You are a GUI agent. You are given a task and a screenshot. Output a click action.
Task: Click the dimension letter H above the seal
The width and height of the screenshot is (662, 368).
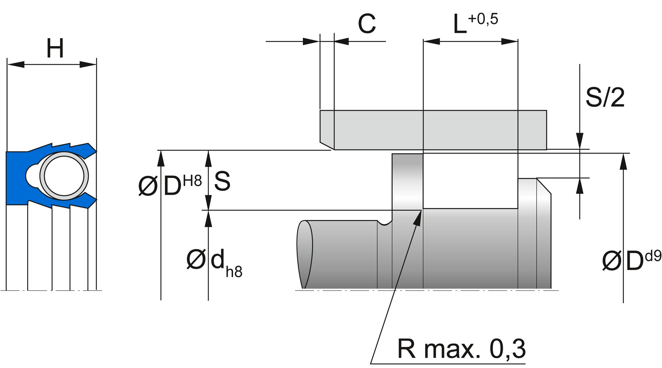(x=55, y=48)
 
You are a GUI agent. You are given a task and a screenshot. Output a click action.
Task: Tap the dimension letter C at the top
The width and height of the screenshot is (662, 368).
(x=367, y=24)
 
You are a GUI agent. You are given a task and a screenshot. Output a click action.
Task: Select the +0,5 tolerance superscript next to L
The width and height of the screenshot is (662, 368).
(x=483, y=19)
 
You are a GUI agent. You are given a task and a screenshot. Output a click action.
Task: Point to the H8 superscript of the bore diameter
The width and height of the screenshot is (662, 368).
(x=192, y=181)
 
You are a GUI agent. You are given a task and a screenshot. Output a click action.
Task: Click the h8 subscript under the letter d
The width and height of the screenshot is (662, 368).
(x=234, y=272)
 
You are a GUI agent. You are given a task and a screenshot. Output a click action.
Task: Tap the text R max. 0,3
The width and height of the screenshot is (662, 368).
(x=461, y=349)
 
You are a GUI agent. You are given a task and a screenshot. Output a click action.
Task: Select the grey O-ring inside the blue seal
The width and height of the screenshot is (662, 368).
(x=64, y=176)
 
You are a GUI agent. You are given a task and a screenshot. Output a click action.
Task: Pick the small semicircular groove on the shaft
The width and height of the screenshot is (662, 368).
(x=385, y=223)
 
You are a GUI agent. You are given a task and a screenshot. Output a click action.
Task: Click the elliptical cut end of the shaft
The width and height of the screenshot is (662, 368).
(x=305, y=254)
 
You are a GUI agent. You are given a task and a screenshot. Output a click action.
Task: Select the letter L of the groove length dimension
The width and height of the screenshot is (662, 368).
(x=459, y=25)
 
